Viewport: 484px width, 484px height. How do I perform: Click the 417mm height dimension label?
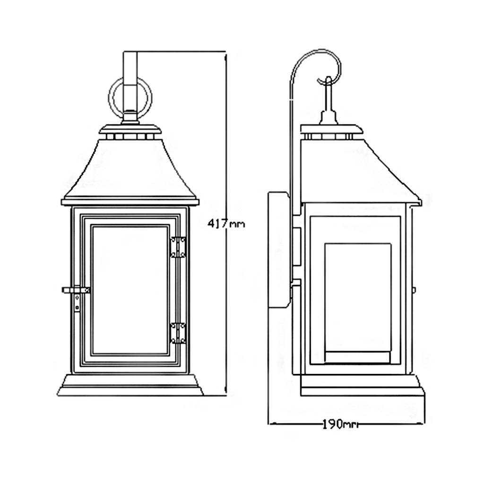(x=226, y=224)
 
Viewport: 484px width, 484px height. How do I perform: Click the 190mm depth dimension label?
(x=340, y=424)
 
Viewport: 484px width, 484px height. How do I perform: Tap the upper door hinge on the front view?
(x=178, y=247)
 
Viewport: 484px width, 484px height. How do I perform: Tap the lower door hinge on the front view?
(x=178, y=333)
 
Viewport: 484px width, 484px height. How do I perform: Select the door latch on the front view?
(x=76, y=293)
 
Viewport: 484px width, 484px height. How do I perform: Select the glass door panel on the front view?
(x=130, y=290)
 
